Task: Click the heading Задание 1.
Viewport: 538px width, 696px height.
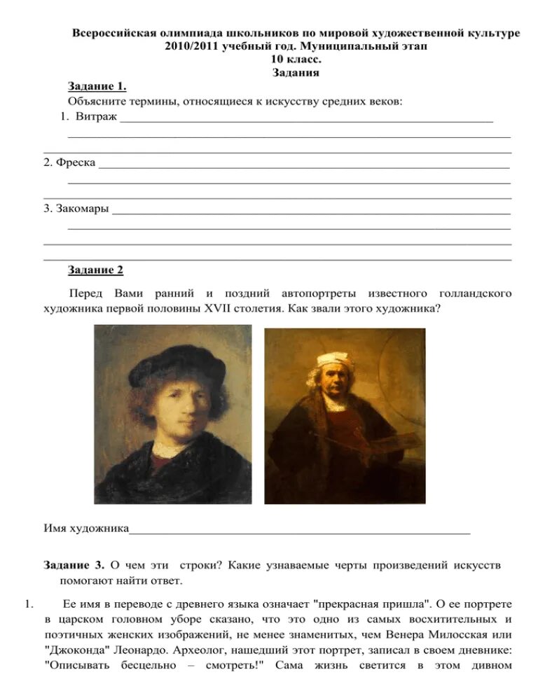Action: point(97,86)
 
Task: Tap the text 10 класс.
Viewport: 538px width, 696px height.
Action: point(296,60)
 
